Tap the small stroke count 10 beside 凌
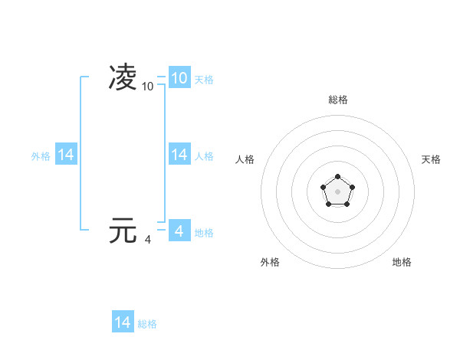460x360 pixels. point(148,87)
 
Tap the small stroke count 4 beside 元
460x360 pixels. point(148,240)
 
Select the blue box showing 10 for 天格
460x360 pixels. point(179,78)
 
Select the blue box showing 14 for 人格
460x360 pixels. point(179,155)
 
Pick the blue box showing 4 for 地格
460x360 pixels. point(179,231)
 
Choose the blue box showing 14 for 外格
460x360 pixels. point(66,155)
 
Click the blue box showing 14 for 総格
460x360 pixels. point(123,322)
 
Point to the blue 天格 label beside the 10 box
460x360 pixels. point(204,79)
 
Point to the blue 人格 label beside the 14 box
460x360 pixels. point(204,155)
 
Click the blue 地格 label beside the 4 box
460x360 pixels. point(204,232)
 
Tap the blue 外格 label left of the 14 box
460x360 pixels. point(41,155)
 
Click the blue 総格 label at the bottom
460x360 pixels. point(147,324)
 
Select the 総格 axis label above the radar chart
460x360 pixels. point(338,100)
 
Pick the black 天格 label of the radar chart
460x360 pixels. point(432,159)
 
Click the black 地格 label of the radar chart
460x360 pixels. point(402,262)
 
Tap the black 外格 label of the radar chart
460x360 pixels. point(270,262)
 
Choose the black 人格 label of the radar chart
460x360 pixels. point(245,159)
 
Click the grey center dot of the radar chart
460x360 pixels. point(337,191)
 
